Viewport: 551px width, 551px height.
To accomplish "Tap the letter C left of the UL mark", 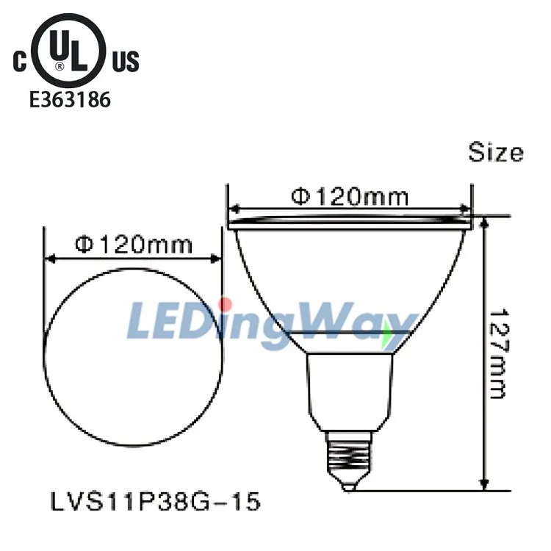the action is tap(20, 62).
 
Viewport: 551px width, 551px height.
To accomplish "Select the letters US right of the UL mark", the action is tap(126, 62).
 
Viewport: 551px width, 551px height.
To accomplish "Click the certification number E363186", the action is tap(70, 99).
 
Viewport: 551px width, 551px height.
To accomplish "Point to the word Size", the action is tap(496, 152).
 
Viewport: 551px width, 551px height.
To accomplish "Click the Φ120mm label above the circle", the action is tap(134, 244).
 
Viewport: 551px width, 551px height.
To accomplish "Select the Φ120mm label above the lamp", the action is tap(350, 196).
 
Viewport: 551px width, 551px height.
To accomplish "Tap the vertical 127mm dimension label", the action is tap(499, 353).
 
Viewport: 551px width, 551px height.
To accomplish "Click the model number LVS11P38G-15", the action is tap(156, 501).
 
